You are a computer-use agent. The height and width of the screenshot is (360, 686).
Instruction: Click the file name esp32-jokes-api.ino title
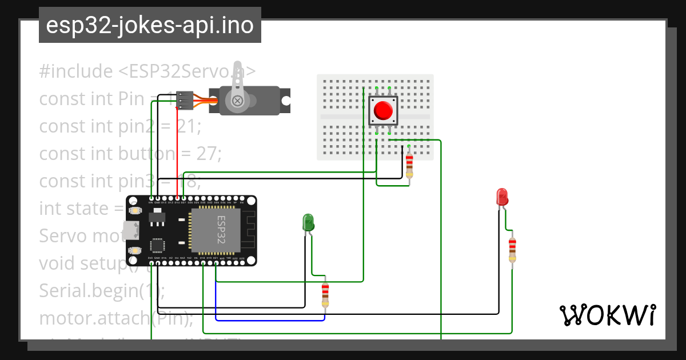coord(150,25)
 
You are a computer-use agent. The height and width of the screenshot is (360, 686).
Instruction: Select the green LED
coord(308,222)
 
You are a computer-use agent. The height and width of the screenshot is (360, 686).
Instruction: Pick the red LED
coord(502,197)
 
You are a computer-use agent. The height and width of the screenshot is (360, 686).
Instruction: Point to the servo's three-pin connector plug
coord(185,100)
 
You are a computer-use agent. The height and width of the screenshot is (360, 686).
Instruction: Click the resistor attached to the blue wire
coord(325,294)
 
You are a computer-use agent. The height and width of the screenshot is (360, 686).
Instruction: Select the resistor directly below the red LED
coord(512,250)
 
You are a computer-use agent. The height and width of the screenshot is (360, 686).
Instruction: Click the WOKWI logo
coord(607,315)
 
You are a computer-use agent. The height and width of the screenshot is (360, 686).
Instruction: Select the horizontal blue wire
coord(269,320)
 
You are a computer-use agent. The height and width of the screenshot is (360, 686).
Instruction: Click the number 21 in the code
coord(186,126)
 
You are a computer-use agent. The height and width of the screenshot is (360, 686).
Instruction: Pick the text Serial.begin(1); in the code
coord(102,290)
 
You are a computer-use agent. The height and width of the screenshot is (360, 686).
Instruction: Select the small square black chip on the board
coord(157,245)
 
